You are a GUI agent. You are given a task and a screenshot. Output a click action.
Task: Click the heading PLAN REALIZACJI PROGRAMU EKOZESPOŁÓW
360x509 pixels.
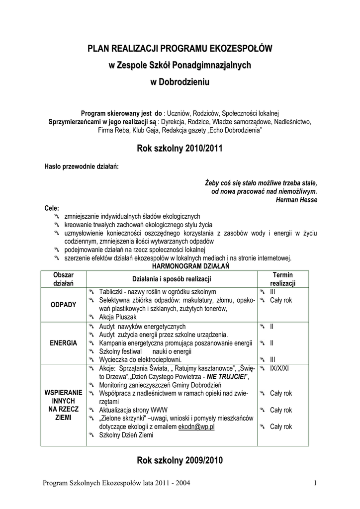180,48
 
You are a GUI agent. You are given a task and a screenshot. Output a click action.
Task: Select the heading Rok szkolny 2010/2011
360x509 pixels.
180,149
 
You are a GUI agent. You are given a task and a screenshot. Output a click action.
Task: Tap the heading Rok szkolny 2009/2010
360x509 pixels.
180,461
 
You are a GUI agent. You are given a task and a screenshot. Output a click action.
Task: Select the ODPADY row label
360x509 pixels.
64,304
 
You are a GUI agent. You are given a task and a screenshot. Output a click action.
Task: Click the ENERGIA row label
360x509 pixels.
64,343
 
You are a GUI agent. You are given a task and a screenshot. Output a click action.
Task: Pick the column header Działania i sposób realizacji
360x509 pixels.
172,279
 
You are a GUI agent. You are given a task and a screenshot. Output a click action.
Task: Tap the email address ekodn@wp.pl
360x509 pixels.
196,426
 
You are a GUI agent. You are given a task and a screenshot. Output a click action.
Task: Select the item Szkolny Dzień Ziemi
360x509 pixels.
126,435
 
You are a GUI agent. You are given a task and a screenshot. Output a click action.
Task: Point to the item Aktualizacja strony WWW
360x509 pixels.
134,410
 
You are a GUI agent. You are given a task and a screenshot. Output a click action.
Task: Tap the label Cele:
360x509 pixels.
52,208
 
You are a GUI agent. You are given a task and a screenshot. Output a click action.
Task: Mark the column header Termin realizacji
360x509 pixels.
283,279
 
